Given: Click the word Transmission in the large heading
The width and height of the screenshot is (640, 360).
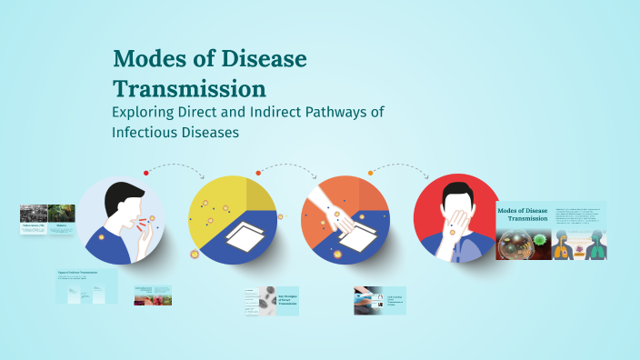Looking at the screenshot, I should point(189,89).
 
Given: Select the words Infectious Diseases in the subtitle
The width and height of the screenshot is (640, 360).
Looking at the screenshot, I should point(175,132).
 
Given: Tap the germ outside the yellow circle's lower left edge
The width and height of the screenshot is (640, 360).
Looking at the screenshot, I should point(194,254).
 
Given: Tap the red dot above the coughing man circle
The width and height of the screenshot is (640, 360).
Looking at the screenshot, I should point(145,173).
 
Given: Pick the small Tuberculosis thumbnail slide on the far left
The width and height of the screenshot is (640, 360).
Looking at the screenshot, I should point(34,220).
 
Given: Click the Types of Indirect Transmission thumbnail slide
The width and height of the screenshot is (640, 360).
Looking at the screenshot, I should point(86,285).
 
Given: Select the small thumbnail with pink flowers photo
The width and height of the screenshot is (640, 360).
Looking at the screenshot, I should point(153,295).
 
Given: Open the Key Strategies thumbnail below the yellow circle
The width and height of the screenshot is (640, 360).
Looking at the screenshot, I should point(271,301).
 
